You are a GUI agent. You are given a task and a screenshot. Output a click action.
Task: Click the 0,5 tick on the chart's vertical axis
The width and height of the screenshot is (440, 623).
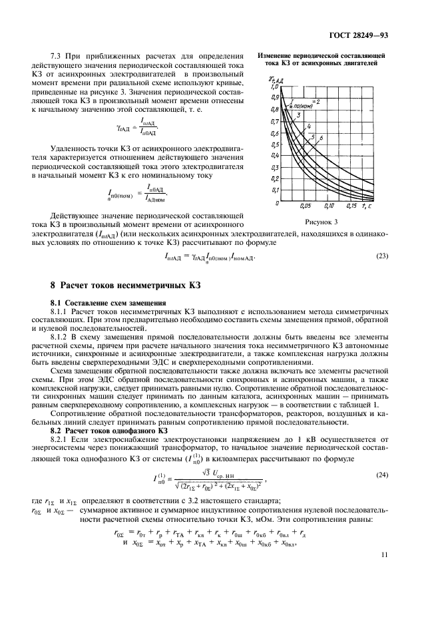274,144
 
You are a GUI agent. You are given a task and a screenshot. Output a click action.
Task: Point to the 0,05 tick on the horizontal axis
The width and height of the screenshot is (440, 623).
306,206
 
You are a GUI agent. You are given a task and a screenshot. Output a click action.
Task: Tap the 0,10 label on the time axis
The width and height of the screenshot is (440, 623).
330,206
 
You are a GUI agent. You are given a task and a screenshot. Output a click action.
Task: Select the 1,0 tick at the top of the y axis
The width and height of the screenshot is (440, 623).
274,87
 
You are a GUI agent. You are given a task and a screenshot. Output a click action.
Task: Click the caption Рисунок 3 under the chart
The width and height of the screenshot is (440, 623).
322,222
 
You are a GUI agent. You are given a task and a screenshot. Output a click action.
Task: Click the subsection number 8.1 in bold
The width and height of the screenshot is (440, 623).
57,302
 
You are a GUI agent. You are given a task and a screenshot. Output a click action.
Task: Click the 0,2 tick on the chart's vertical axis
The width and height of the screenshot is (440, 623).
274,178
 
